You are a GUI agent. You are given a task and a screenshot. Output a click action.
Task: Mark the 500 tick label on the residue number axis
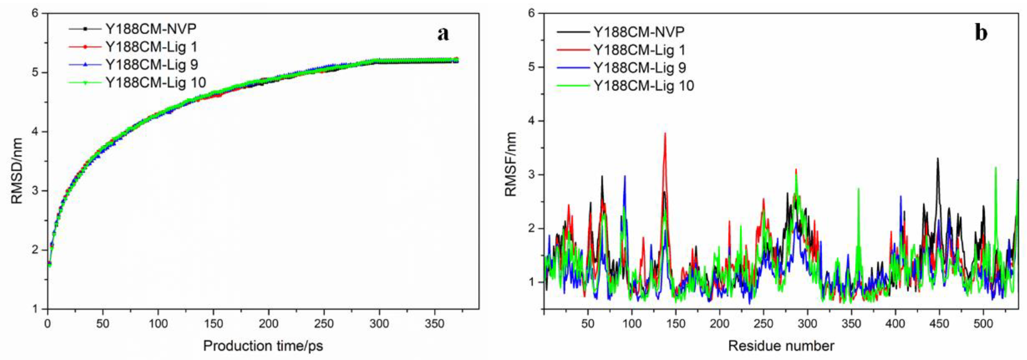pyautogui.click(x=983, y=324)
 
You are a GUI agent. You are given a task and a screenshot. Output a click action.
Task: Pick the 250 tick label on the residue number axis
pyautogui.click(x=764, y=324)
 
